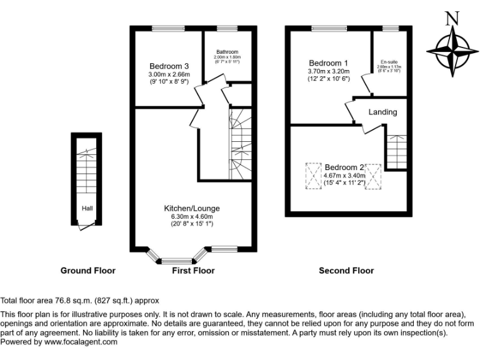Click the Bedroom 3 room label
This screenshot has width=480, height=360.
point(169,66)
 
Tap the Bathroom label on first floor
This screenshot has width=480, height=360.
point(227,52)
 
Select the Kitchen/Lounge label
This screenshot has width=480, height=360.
point(192,208)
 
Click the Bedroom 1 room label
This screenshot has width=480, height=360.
point(329,63)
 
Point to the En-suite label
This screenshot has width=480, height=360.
point(390,62)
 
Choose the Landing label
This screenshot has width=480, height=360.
point(382,112)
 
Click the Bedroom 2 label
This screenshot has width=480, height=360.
point(344,167)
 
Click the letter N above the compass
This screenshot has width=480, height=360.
point(452,18)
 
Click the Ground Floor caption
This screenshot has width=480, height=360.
point(87,271)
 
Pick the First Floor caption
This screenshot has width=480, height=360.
point(193,271)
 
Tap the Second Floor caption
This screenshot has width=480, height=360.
point(346,271)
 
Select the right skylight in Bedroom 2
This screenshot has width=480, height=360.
point(373,175)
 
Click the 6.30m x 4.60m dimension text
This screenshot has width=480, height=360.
point(192,216)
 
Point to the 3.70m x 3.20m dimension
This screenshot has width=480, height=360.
point(329,71)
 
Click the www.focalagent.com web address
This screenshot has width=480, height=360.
point(81,342)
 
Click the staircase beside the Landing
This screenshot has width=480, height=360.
point(395,150)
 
